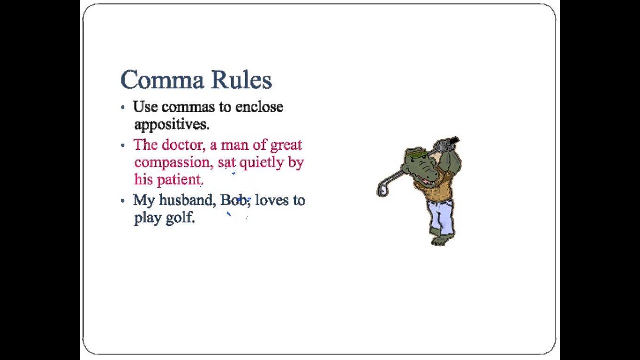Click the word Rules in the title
pos(241,80)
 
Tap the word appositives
pos(171,124)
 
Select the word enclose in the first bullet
pos(259,107)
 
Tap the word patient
pos(179,180)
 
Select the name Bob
pos(234,200)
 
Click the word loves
pos(272,200)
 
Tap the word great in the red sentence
pos(286,145)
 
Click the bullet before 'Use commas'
pos(123,107)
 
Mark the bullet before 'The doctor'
pos(123,145)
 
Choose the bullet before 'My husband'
pos(123,200)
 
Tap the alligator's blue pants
pos(442,215)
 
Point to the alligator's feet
pos(440,240)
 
